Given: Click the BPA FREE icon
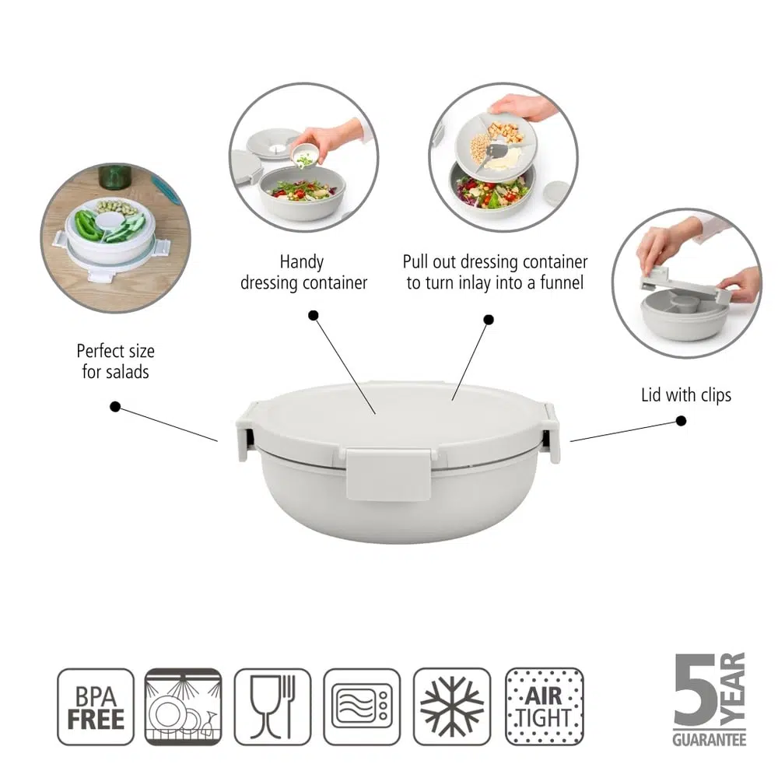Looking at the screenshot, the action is tap(96, 707).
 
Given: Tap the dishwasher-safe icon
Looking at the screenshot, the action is tap(183, 707).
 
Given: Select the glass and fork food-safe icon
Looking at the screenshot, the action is tap(272, 707).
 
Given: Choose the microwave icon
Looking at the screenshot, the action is tap(362, 707).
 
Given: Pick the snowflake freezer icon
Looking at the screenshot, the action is tap(452, 707).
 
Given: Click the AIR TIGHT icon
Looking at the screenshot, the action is tap(545, 707).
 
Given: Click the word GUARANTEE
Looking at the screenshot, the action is tap(710, 740).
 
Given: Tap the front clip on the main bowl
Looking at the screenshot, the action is tap(388, 474).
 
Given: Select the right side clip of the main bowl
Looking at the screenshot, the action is tap(552, 433).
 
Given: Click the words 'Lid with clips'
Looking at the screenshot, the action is tap(686, 395).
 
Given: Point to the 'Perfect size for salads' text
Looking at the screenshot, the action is tap(116, 361).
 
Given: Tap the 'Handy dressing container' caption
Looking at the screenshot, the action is tap(303, 272).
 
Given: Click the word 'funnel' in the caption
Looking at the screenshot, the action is tap(562, 283).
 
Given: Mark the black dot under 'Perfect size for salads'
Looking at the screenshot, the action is tap(115, 407).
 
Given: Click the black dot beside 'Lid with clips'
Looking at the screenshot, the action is tap(682, 421).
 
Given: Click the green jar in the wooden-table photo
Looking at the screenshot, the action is tap(115, 176).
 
